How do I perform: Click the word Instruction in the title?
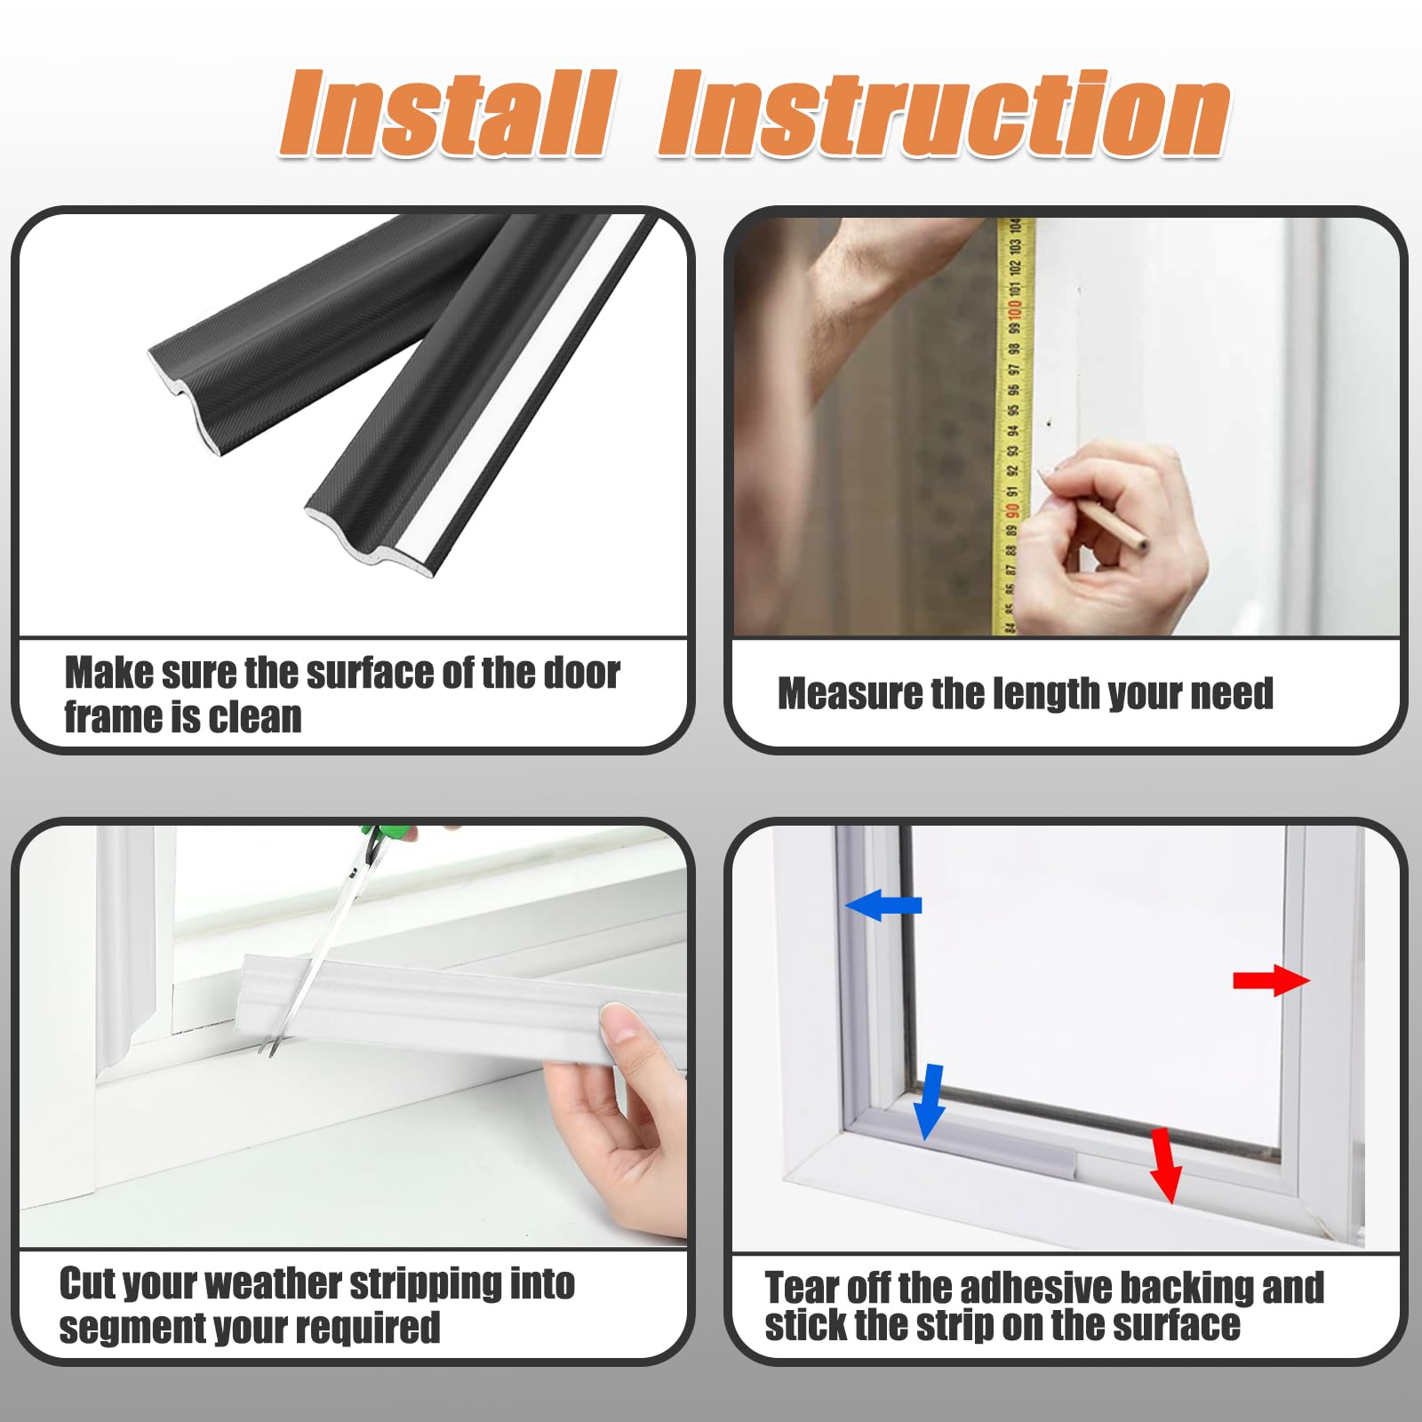(x=944, y=114)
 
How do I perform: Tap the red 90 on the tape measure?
(x=1011, y=511)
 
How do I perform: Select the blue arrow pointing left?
(x=883, y=905)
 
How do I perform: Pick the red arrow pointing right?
(x=1271, y=980)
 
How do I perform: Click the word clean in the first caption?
(x=255, y=717)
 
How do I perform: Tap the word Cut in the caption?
(x=86, y=1283)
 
